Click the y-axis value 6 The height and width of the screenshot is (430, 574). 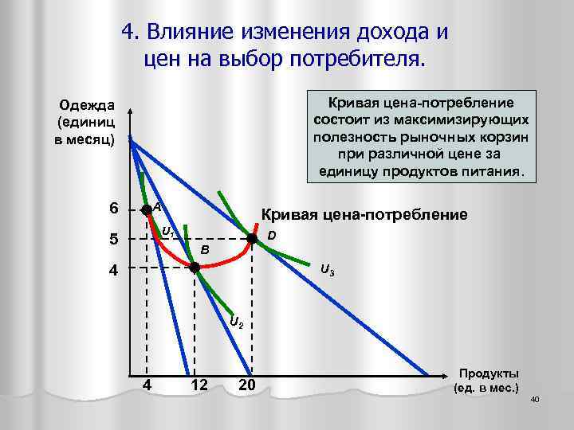(114, 209)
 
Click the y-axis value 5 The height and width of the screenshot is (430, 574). (114, 239)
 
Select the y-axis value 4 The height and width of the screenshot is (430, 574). (114, 269)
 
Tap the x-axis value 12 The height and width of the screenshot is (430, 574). (200, 386)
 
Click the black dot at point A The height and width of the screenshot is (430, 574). (146, 210)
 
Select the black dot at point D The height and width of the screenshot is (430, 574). (251, 238)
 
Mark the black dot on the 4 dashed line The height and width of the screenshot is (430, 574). (195, 268)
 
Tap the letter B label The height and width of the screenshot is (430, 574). (205, 250)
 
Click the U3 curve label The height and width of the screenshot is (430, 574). (327, 269)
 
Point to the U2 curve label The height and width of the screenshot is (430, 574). (237, 322)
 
